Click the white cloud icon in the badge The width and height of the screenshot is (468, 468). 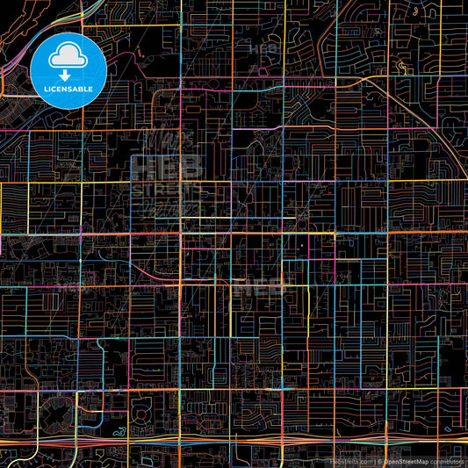coord(68,57)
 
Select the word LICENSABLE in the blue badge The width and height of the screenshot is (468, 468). coord(68,89)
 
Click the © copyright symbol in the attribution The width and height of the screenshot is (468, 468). coord(379,460)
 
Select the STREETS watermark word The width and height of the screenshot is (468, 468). coord(167,190)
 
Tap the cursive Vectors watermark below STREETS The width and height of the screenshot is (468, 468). coord(167,207)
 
